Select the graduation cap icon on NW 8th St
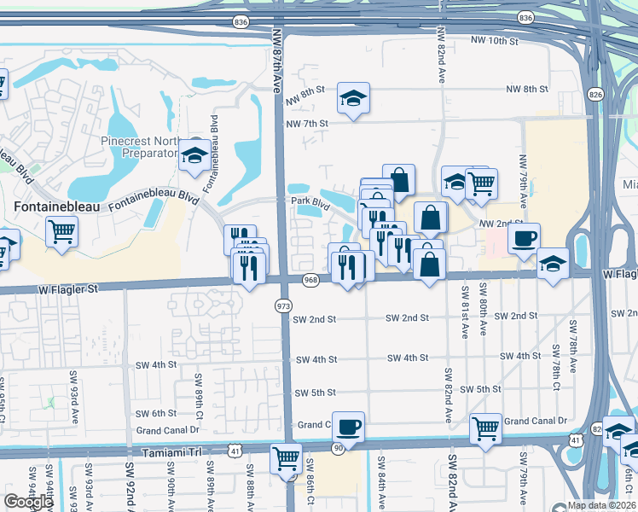coord(352,99)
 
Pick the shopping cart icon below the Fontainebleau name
coord(61,231)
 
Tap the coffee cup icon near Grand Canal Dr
coord(348,426)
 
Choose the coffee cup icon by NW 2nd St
coord(525,237)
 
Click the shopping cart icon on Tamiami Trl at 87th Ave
coord(286,458)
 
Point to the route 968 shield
coord(310,280)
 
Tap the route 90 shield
coord(338,448)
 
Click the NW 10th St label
coord(495,41)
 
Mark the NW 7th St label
coord(307,124)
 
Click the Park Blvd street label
coord(310,203)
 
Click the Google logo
coord(29,502)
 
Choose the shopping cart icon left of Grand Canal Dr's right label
coord(485,428)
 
